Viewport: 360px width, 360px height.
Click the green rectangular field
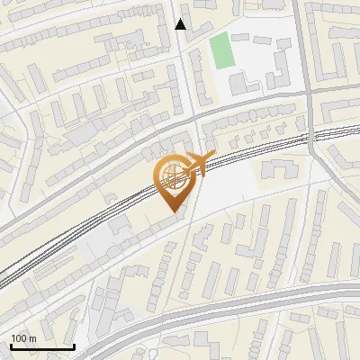221,51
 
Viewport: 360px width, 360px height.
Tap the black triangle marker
181,24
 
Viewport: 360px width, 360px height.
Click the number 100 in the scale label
19,338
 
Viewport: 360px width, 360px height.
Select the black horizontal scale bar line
41,346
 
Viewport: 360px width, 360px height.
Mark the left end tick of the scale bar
10,345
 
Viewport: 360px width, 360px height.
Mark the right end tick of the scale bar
74,345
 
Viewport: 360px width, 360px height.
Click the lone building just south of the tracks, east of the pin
277,168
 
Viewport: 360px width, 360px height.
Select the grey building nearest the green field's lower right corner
241,83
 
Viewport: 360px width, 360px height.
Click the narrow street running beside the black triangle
186,63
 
